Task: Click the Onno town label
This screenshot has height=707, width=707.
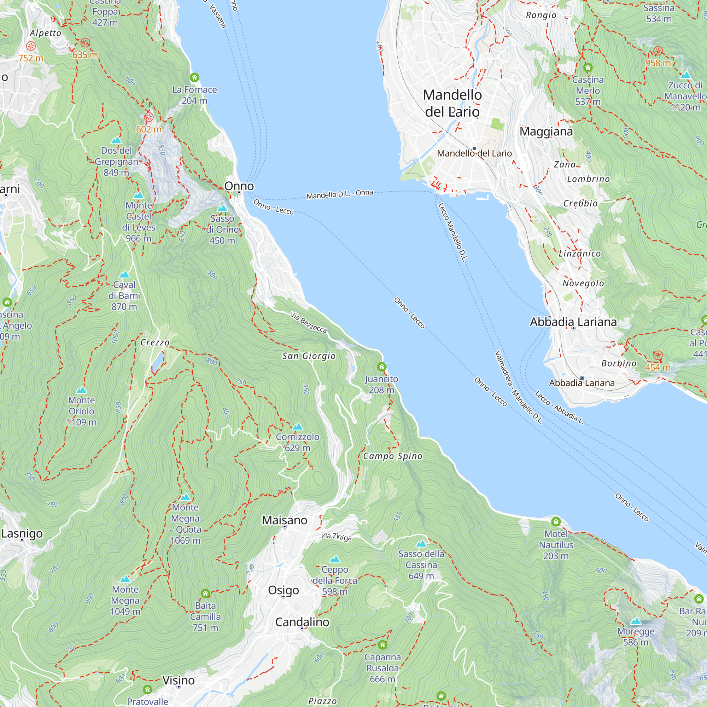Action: [239, 186]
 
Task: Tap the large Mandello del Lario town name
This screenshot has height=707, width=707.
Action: [452, 103]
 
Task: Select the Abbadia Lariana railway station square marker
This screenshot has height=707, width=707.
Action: [582, 378]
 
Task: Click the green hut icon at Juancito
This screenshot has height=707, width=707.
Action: [382, 367]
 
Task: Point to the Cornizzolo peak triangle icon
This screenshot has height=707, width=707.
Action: [298, 427]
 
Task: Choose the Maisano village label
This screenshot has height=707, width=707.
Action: [284, 520]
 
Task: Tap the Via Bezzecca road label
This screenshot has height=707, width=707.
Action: [309, 322]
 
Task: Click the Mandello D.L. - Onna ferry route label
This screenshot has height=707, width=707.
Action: [340, 194]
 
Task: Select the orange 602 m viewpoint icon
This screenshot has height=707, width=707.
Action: [148, 117]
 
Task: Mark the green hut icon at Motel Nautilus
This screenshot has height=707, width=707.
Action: [556, 521]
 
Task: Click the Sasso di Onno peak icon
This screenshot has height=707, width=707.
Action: [222, 209]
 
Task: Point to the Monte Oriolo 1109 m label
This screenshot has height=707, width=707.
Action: [82, 411]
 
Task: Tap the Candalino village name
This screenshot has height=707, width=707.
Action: [302, 622]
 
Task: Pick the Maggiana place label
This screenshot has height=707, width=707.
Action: [546, 132]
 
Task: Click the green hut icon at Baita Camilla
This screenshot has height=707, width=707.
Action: [205, 593]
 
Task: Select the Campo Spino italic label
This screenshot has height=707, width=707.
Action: [393, 456]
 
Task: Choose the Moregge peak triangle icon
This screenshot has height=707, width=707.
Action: [636, 621]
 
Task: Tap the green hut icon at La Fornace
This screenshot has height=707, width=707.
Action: [194, 77]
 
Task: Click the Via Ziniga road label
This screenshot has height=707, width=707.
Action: [336, 537]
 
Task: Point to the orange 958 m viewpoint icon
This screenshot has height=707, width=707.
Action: [658, 51]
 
